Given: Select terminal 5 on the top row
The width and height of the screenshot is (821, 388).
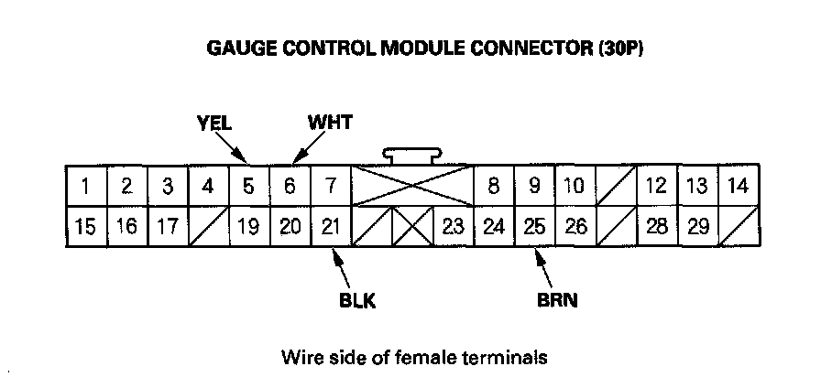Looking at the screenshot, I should (x=248, y=187).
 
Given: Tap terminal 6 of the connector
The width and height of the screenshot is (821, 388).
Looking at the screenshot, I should (x=290, y=187).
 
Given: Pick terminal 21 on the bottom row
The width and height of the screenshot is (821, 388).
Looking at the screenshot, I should (x=332, y=227).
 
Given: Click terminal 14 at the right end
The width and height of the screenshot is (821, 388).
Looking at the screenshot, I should (x=738, y=187).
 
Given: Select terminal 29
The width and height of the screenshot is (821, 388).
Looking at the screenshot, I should (x=697, y=227).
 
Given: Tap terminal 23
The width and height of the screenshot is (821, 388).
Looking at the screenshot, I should (x=452, y=227).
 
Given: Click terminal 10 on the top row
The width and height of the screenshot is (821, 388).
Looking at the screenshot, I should (x=575, y=187).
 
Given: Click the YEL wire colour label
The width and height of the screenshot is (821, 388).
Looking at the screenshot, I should (x=214, y=121).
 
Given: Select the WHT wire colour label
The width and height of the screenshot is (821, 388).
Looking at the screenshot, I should (x=330, y=121).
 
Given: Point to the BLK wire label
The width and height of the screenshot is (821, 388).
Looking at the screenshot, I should (x=356, y=299).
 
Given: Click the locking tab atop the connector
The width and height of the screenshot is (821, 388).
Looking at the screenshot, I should (x=413, y=156).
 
